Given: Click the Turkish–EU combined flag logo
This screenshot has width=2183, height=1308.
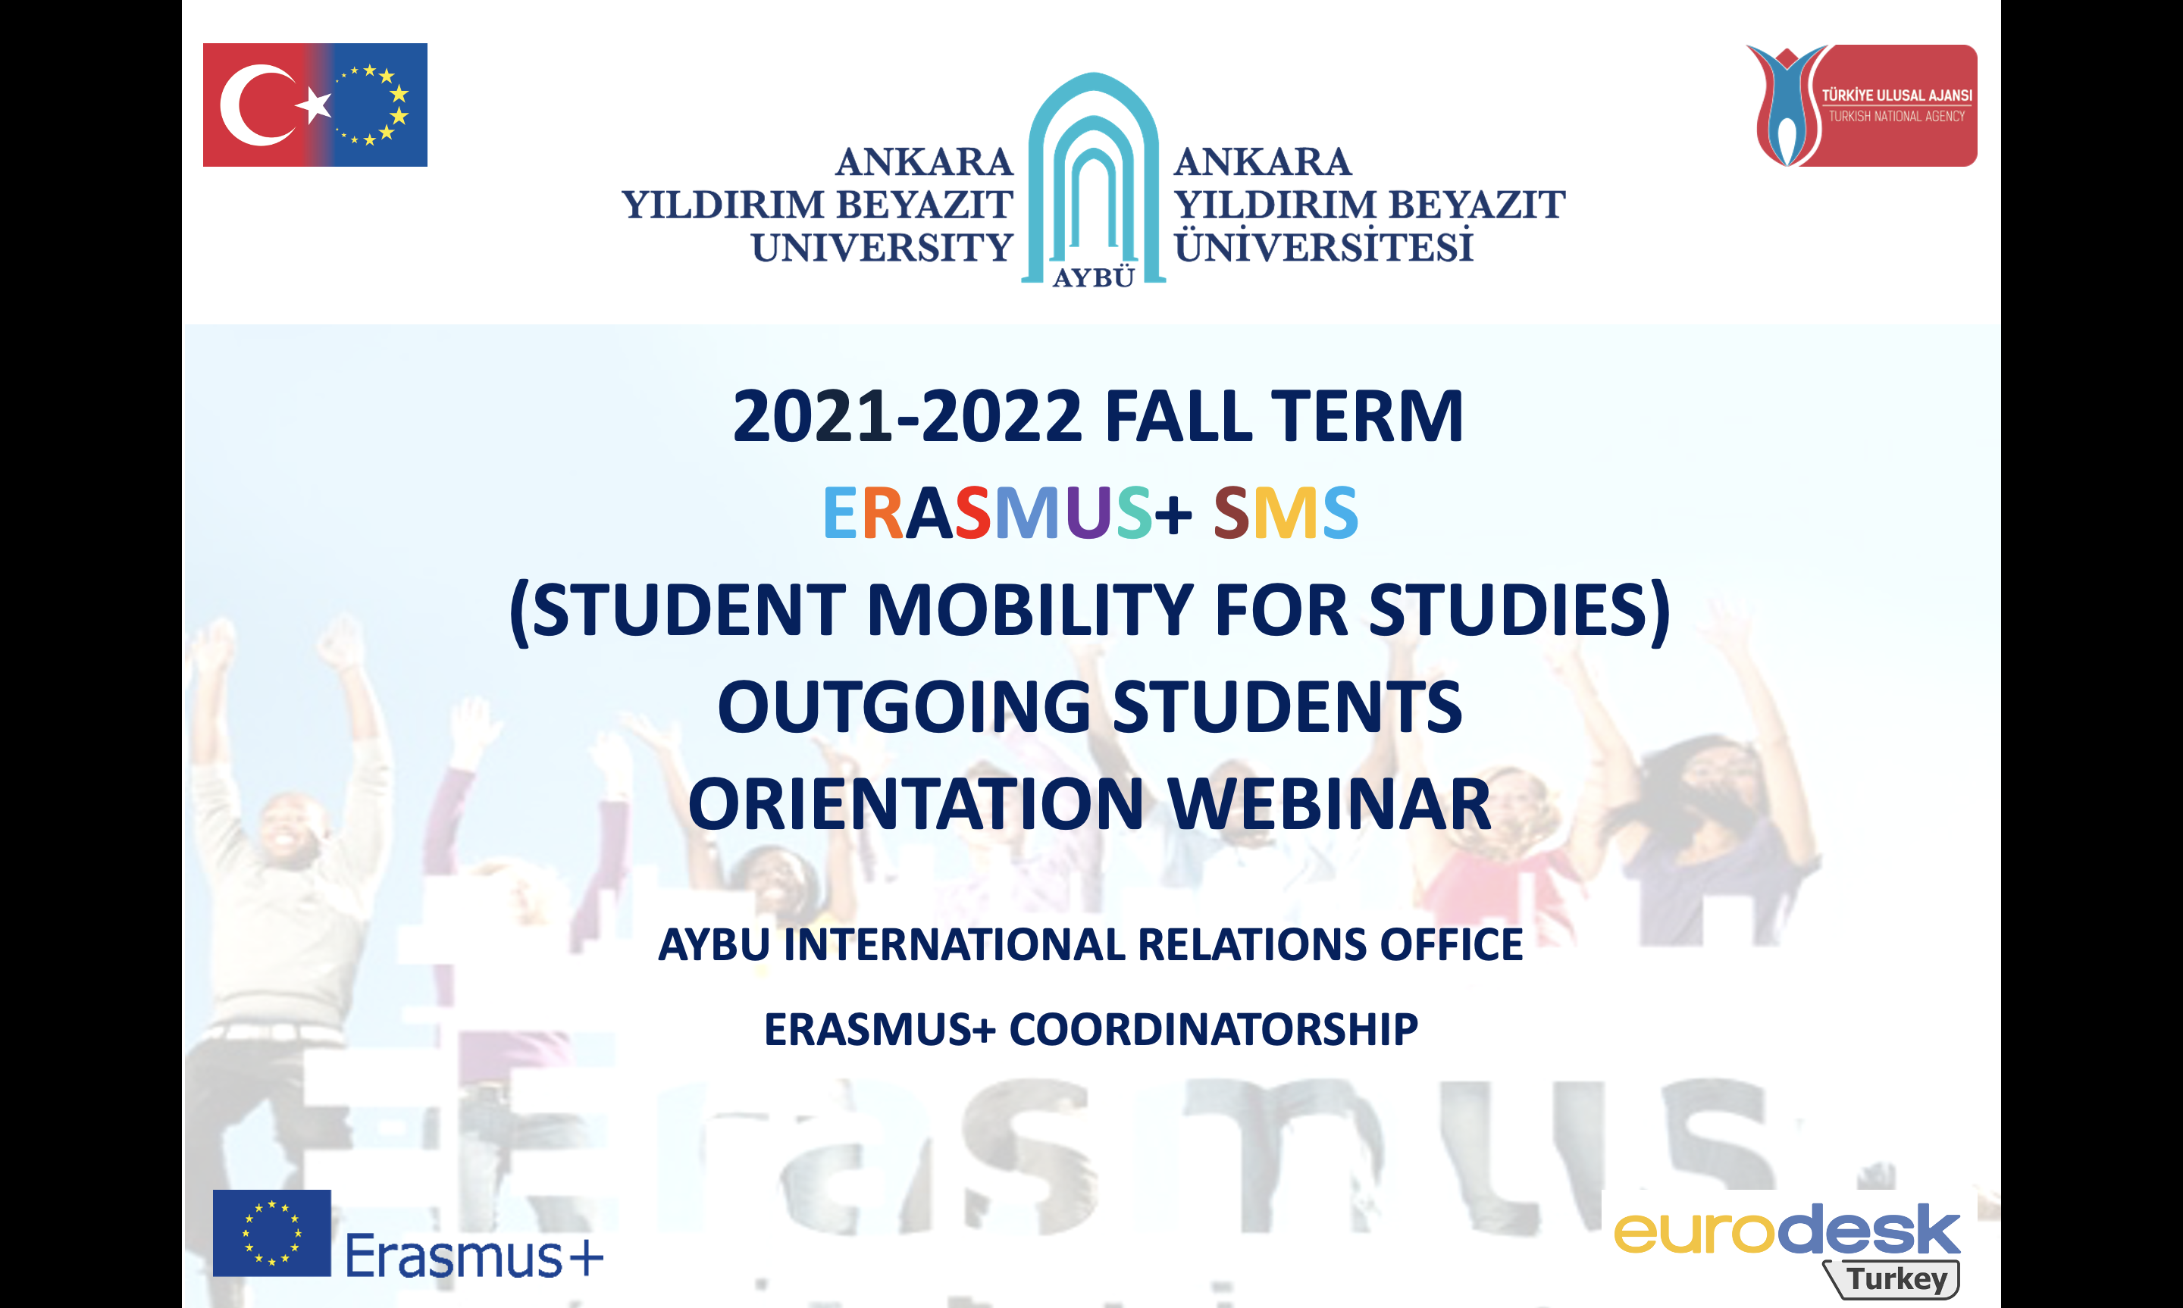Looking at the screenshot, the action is pyautogui.click(x=315, y=105).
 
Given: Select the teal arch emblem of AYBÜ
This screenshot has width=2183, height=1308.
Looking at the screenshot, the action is pyautogui.click(x=1093, y=177).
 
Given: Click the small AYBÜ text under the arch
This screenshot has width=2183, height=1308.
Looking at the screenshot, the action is pyautogui.click(x=1094, y=277).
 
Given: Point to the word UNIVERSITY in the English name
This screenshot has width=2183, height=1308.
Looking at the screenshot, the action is pyautogui.click(x=882, y=248).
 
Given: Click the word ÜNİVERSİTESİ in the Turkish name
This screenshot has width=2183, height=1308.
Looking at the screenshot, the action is pyautogui.click(x=1323, y=245).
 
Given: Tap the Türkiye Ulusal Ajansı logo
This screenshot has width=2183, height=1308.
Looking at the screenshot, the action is pyautogui.click(x=1862, y=105).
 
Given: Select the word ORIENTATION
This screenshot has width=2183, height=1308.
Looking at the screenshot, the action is pyautogui.click(x=916, y=804).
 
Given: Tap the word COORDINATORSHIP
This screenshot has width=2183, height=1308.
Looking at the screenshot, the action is pyautogui.click(x=1213, y=1028).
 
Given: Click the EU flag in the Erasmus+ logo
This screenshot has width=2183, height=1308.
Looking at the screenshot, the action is pyautogui.click(x=271, y=1233).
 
